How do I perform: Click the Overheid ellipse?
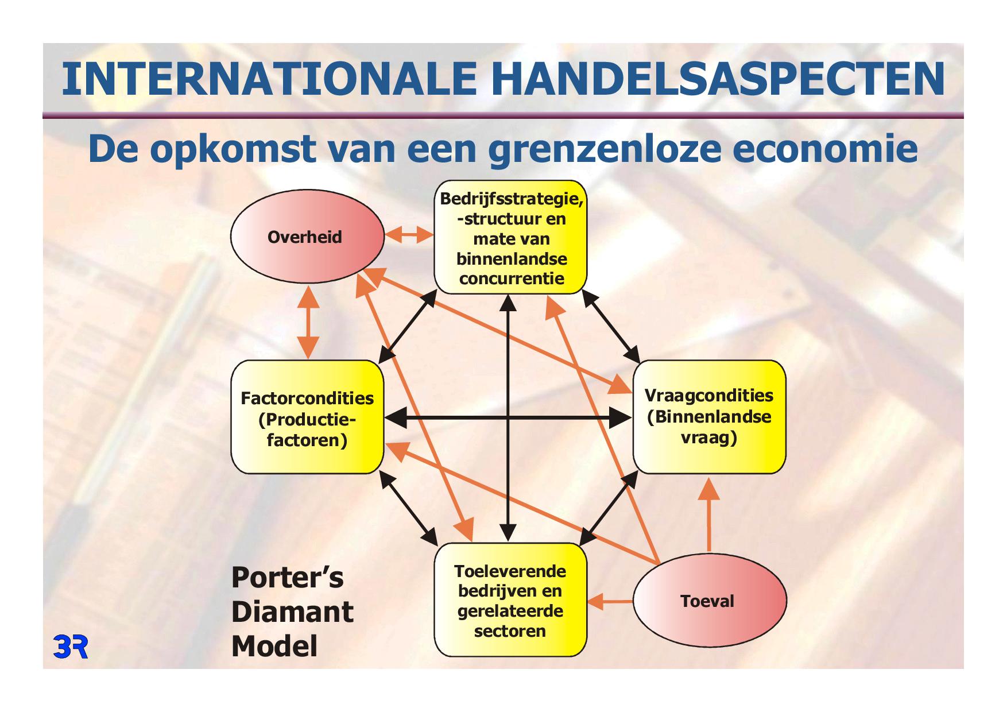(x=308, y=237)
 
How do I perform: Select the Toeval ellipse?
(x=710, y=601)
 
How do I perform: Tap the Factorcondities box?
(x=307, y=417)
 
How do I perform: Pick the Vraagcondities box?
(x=709, y=417)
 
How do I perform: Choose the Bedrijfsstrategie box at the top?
(x=510, y=237)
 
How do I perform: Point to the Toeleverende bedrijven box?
(x=510, y=600)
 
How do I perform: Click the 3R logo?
(x=71, y=646)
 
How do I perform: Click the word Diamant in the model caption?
(x=292, y=612)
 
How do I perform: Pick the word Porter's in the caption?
(x=288, y=578)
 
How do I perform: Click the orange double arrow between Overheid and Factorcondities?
(x=308, y=322)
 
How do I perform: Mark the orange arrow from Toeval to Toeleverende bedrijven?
(x=610, y=602)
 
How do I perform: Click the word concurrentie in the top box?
(x=512, y=279)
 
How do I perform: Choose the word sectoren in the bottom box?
(x=510, y=631)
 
